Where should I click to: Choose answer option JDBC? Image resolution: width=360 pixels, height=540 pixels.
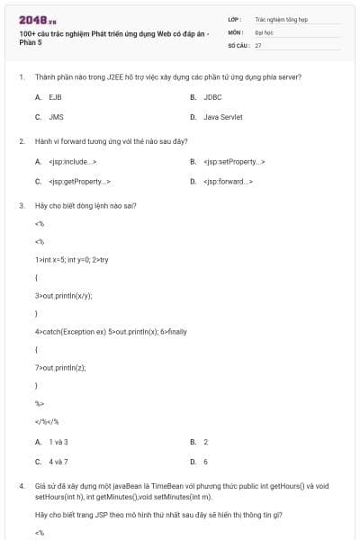[x=212, y=96]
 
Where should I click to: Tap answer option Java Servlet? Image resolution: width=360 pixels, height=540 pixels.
[x=222, y=117]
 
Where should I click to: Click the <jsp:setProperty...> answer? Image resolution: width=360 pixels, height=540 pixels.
[x=234, y=162]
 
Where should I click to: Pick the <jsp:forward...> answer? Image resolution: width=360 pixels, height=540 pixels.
[x=228, y=182]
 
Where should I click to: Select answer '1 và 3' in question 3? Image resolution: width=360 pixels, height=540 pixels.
[x=58, y=442]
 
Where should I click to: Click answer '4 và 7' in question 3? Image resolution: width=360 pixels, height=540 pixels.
[x=58, y=462]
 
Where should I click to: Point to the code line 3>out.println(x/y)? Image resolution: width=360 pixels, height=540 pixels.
[x=64, y=295]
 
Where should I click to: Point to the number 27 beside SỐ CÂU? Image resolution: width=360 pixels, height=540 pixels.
[x=258, y=44]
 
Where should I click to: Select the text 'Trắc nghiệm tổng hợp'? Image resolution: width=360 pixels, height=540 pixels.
[x=281, y=18]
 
